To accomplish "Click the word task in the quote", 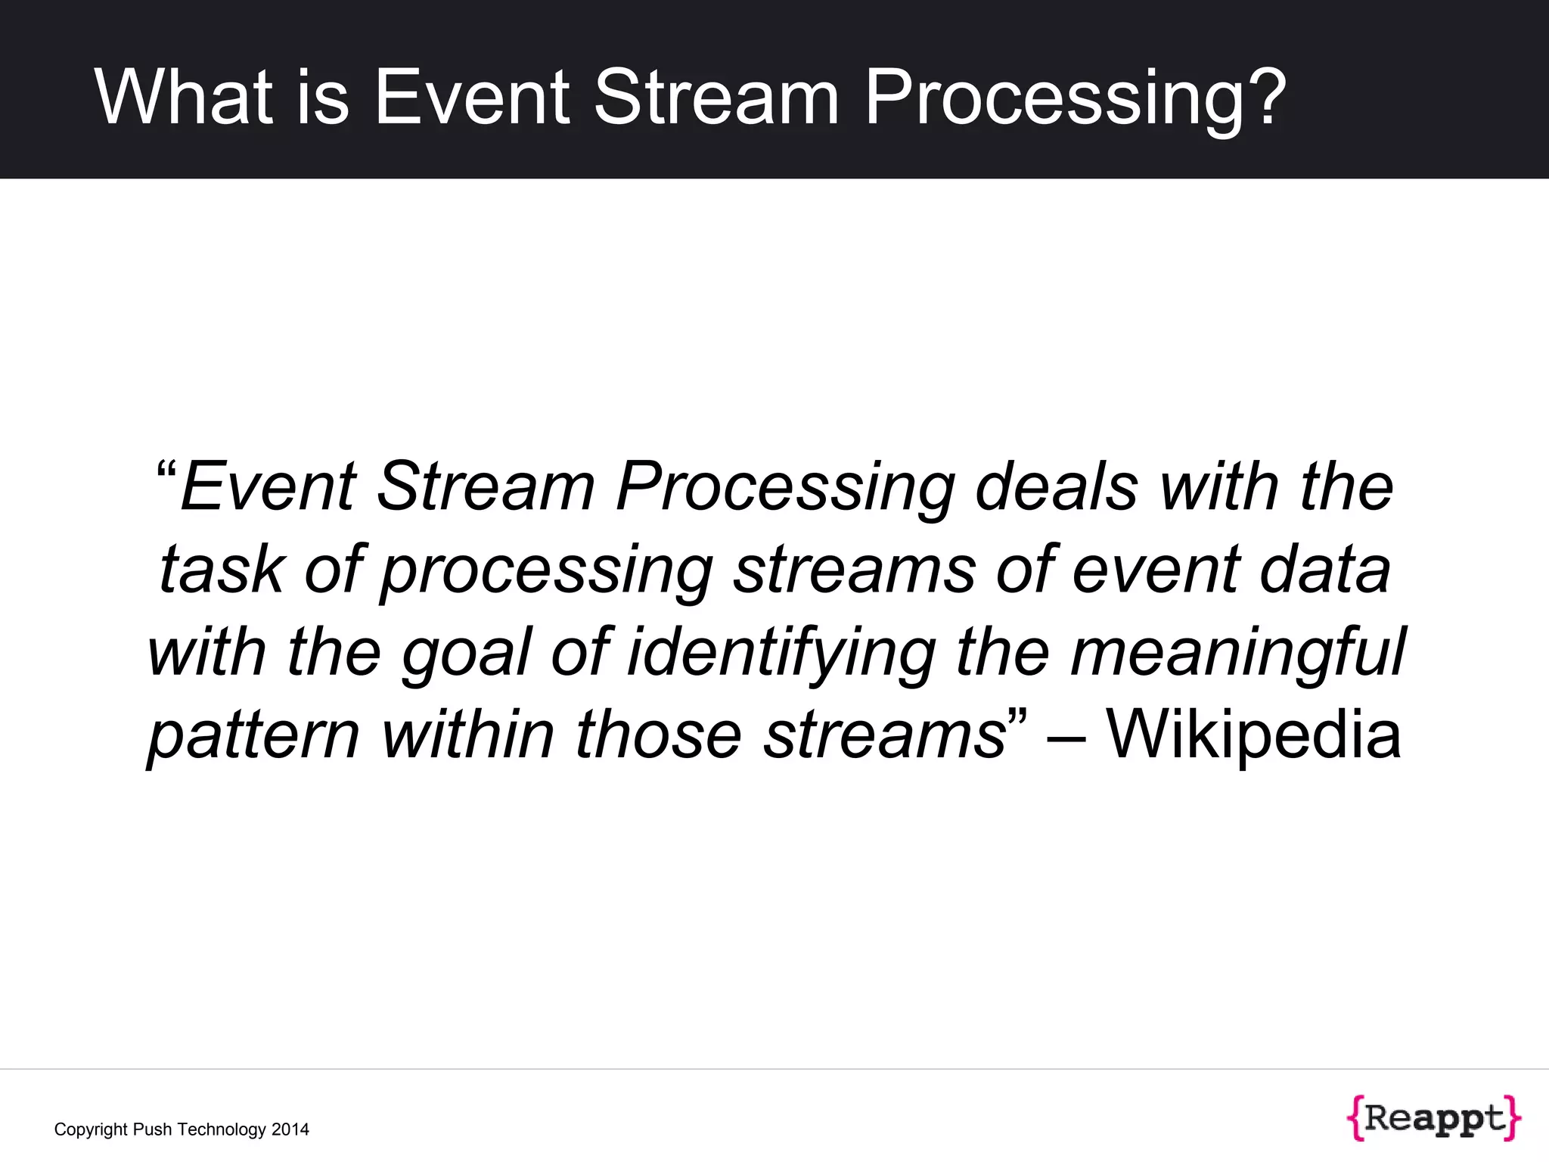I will click(221, 569).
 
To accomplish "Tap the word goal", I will click(466, 652).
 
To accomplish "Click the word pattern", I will click(254, 735).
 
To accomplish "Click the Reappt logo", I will click(1433, 1118).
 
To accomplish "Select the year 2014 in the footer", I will click(290, 1129).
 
